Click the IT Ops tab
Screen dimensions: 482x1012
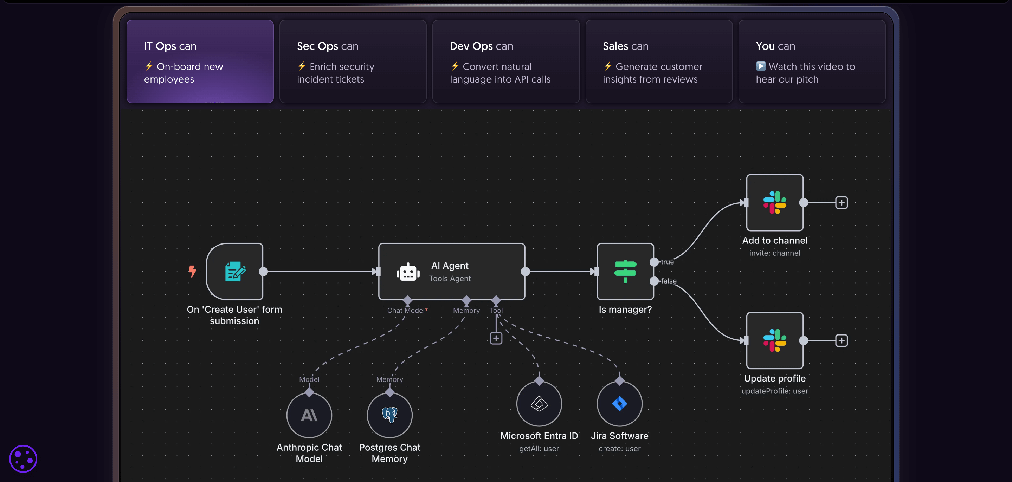coord(200,61)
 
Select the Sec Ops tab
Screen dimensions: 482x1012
coord(353,61)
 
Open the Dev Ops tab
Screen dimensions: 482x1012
coord(505,61)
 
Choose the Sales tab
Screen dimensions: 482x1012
coord(659,61)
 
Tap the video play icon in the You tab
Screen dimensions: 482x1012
coord(761,66)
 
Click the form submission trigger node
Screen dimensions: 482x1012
coord(234,271)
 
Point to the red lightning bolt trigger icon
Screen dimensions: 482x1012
coord(192,271)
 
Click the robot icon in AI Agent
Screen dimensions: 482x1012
coord(408,272)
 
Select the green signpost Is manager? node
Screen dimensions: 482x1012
coord(625,271)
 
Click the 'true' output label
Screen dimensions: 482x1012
coord(667,262)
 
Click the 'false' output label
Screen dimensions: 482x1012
coord(668,281)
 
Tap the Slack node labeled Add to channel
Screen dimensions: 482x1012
coord(774,203)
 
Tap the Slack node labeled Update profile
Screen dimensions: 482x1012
coord(774,340)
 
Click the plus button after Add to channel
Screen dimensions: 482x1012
coord(841,203)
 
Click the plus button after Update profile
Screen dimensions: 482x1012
coord(841,340)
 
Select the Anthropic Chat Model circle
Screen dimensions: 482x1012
coord(309,415)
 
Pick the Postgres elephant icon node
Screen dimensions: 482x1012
coord(390,415)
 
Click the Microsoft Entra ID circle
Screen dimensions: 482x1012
coord(539,404)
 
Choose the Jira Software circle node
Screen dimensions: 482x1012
coord(619,404)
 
